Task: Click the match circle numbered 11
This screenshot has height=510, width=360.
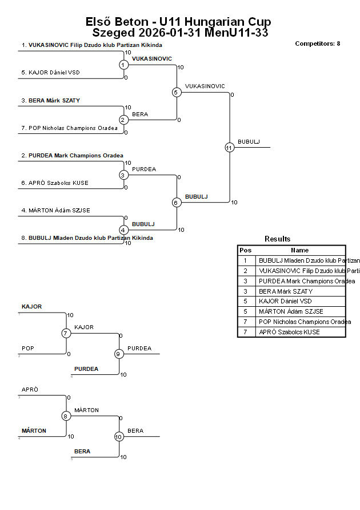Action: [x=229, y=147]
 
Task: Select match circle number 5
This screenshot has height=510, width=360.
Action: [x=177, y=92]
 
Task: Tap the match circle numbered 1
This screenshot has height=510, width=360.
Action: [x=123, y=65]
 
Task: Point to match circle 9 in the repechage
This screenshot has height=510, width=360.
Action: [x=119, y=354]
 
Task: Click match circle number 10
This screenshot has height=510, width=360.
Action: [x=119, y=437]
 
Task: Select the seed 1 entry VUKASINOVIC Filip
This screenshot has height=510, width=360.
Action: [x=91, y=45]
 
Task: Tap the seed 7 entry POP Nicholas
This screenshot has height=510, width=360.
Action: [x=73, y=128]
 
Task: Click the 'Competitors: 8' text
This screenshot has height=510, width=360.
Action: [x=317, y=44]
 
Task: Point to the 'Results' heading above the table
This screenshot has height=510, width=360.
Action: [x=277, y=239]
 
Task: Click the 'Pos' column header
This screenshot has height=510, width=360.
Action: [x=246, y=250]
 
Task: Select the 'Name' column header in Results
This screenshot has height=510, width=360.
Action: [x=299, y=250]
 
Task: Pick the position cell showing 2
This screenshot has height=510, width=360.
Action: [x=246, y=271]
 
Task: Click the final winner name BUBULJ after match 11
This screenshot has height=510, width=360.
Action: [x=249, y=141]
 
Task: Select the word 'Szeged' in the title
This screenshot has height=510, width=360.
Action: [x=113, y=33]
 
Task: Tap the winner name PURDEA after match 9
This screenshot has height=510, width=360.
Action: [x=139, y=348]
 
